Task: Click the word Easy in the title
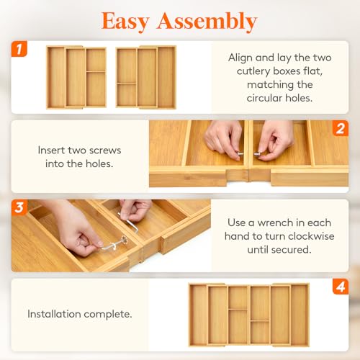[125, 22]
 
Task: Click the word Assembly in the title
[207, 22]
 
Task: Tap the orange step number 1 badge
[19, 49]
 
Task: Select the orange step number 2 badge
[341, 128]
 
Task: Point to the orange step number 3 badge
[19, 207]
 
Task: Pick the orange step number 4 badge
[341, 287]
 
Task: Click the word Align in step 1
[239, 58]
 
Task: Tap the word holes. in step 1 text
[299, 98]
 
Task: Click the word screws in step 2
[107, 150]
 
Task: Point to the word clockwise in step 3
[311, 236]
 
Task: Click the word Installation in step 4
[54, 314]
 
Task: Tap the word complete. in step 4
[108, 314]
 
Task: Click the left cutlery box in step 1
[76, 77]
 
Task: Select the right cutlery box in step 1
[146, 77]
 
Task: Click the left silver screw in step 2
[240, 154]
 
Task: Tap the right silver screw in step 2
[257, 154]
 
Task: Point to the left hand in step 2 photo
[224, 140]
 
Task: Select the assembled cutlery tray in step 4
[249, 315]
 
